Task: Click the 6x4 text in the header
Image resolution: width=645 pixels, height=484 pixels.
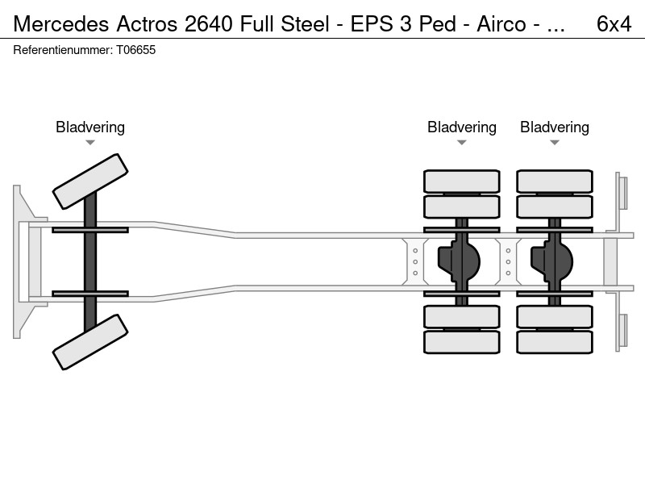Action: point(614,24)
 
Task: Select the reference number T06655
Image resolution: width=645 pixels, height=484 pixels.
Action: point(135,50)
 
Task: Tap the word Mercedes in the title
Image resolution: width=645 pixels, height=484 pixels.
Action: point(61,24)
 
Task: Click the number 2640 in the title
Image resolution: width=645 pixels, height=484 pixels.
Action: point(209,24)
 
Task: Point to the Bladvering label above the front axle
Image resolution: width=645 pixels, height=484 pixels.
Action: point(90,127)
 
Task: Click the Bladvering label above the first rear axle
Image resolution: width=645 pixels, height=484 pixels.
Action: point(461,127)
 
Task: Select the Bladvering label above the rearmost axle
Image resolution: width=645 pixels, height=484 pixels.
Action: point(555,127)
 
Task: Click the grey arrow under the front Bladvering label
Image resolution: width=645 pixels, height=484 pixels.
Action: point(90,143)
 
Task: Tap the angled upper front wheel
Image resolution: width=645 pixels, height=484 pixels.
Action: point(90,181)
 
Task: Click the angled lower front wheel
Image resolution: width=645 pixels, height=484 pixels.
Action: point(90,342)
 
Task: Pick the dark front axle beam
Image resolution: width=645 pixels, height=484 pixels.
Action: point(90,261)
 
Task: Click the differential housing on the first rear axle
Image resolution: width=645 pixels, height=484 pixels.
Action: point(459,261)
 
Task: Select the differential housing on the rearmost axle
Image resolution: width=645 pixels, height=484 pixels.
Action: point(552,261)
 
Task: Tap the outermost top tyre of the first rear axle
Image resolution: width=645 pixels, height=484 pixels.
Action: point(461,181)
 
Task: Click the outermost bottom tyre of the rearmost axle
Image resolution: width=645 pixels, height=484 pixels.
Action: point(555,342)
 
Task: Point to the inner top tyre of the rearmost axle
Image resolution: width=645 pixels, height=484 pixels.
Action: point(555,207)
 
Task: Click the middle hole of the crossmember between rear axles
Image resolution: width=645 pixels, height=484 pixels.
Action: point(508,261)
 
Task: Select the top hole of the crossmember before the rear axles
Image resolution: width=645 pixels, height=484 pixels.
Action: point(415,251)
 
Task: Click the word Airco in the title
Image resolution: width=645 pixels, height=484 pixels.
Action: point(501,24)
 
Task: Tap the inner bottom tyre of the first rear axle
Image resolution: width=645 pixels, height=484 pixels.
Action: point(461,316)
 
